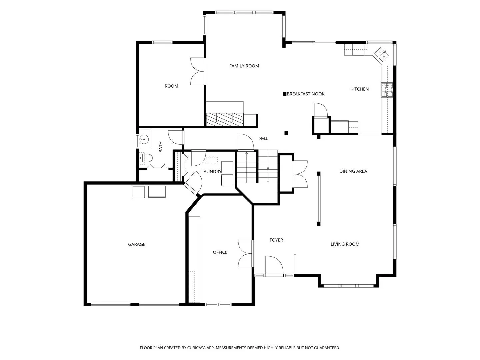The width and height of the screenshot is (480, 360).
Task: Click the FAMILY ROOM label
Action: pyautogui.click(x=244, y=66)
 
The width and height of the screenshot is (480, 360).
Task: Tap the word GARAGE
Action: pyautogui.click(x=136, y=244)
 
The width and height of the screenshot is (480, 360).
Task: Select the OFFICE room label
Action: pyautogui.click(x=220, y=252)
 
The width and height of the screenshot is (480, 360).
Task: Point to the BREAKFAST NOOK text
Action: pyautogui.click(x=305, y=94)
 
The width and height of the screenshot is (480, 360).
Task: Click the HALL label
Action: pyautogui.click(x=263, y=138)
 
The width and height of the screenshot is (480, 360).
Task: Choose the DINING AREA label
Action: pyautogui.click(x=353, y=171)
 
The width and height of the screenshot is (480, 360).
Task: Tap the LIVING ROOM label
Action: pyautogui.click(x=345, y=244)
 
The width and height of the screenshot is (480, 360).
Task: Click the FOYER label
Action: pyautogui.click(x=276, y=240)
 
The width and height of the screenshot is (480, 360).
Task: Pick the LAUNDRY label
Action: pyautogui.click(x=211, y=172)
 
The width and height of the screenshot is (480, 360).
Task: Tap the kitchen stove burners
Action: pyautogui.click(x=387, y=90)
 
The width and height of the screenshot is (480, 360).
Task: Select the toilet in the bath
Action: pyautogui.click(x=145, y=158)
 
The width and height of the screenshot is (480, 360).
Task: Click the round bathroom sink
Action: pyautogui.click(x=144, y=139)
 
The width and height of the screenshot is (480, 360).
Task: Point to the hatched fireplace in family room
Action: pyautogui.click(x=225, y=119)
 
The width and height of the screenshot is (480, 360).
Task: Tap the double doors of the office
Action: pyautogui.click(x=245, y=254)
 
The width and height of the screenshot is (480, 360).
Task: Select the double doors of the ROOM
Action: pyautogui.click(x=198, y=71)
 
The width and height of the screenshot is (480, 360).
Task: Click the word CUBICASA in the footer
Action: pyautogui.click(x=196, y=348)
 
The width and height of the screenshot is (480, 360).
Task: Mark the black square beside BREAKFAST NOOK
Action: pyautogui.click(x=285, y=94)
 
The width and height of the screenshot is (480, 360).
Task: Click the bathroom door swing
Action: pyautogui.click(x=175, y=137)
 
